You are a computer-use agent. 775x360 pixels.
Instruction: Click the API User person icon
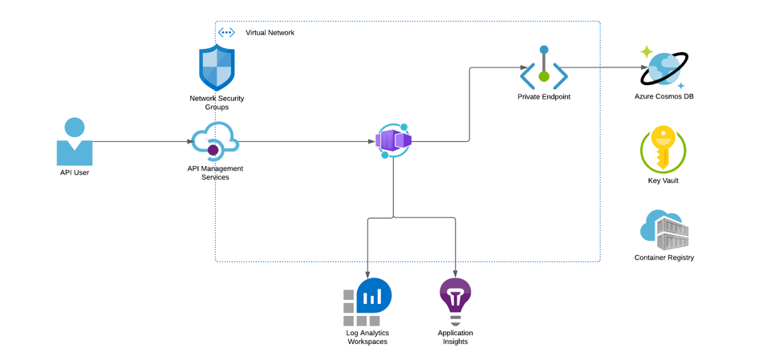click(x=75, y=142)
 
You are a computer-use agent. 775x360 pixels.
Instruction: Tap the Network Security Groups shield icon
click(x=217, y=67)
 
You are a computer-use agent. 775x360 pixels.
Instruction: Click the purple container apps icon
click(x=393, y=141)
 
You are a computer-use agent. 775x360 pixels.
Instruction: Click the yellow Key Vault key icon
click(x=663, y=148)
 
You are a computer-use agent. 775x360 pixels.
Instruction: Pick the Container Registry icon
click(x=663, y=229)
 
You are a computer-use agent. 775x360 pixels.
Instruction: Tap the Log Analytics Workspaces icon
click(x=367, y=302)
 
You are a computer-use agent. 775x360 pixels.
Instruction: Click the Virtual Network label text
click(x=270, y=33)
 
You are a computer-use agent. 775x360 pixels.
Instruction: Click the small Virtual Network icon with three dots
click(x=226, y=33)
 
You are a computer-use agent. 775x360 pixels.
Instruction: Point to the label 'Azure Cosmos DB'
click(x=663, y=96)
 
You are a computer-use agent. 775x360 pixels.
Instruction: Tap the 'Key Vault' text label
click(x=663, y=180)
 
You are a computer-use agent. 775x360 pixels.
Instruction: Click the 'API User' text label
click(x=75, y=173)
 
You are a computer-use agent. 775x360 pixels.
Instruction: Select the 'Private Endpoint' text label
click(x=544, y=97)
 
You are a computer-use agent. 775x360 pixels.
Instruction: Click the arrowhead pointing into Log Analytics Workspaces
click(x=367, y=274)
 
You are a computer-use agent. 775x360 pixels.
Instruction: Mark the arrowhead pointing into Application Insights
click(x=455, y=274)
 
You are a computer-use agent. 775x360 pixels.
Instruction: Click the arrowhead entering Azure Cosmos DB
click(x=644, y=67)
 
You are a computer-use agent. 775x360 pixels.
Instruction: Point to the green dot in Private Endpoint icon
click(x=544, y=76)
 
